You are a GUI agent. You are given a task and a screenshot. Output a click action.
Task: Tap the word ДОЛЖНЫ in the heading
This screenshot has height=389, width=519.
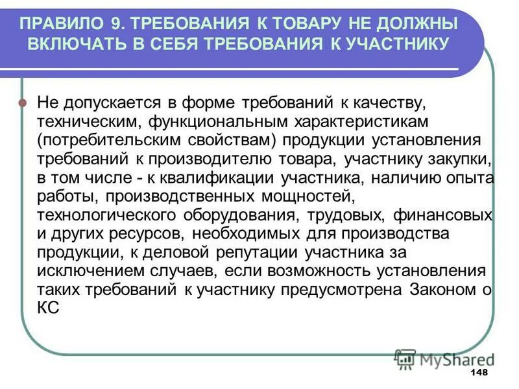tap(418, 25)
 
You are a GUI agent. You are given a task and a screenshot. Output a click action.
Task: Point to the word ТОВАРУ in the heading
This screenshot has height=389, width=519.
tap(304, 25)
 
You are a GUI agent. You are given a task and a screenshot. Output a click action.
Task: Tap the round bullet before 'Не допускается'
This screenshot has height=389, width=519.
tap(23, 102)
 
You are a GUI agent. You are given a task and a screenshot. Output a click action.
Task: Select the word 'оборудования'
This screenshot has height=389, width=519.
tap(252, 215)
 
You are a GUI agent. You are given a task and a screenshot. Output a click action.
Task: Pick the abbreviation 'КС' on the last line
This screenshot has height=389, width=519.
tap(49, 309)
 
